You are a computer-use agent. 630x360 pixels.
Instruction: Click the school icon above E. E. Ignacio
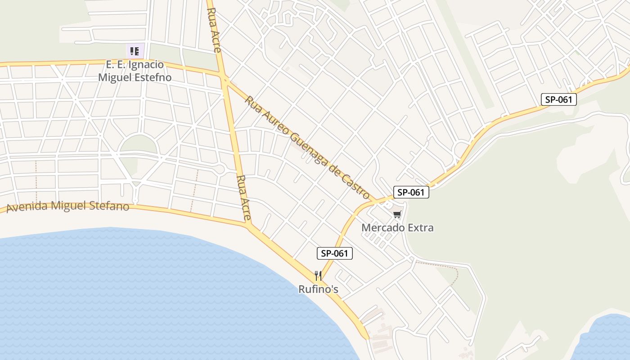pyautogui.click(x=134, y=51)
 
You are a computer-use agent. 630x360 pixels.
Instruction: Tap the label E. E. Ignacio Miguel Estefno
pyautogui.click(x=135, y=71)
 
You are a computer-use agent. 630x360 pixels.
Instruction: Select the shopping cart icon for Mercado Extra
pyautogui.click(x=396, y=215)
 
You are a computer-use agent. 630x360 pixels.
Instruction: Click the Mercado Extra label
pyautogui.click(x=397, y=228)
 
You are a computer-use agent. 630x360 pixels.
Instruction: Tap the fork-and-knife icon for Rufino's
pyautogui.click(x=318, y=276)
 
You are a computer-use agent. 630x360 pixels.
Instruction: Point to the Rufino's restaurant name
pyautogui.click(x=318, y=289)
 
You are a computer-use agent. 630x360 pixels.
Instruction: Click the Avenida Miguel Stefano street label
pyautogui.click(x=68, y=207)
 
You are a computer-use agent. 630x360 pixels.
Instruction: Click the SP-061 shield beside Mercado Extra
pyautogui.click(x=411, y=193)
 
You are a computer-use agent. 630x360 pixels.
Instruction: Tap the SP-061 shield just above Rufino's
pyautogui.click(x=335, y=253)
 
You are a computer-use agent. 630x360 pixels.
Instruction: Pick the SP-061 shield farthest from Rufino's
pyautogui.click(x=558, y=99)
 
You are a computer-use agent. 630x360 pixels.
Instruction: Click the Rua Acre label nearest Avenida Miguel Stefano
pyautogui.click(x=243, y=198)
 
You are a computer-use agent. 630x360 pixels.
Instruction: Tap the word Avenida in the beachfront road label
pyautogui.click(x=27, y=207)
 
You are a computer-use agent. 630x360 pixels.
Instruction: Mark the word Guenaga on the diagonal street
pyautogui.click(x=307, y=147)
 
